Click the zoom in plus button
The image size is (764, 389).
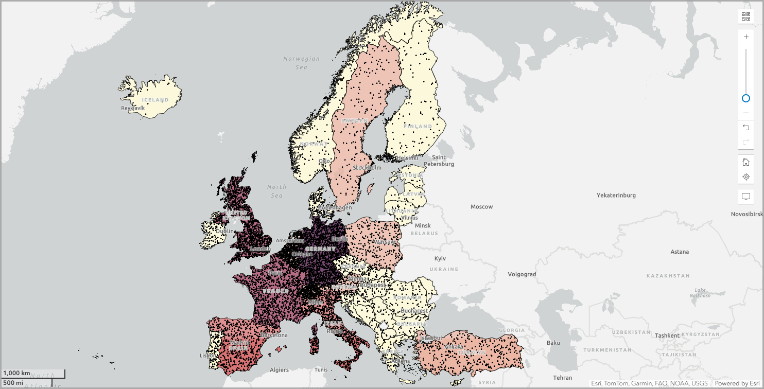point(746,37)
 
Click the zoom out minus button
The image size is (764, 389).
point(746,113)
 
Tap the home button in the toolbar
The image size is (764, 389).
point(746,162)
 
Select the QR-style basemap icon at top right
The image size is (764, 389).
point(746,16)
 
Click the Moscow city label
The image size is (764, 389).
point(481,207)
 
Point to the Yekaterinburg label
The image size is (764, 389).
point(616,196)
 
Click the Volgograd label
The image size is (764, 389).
point(522,274)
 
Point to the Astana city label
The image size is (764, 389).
point(680,252)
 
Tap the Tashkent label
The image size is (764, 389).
point(667,335)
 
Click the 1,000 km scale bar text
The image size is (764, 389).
point(17,373)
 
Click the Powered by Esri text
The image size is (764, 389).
point(737,383)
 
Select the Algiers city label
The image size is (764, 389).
point(280,370)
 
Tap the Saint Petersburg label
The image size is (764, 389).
point(439,161)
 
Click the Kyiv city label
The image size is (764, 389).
point(440,258)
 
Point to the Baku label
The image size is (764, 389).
point(553,343)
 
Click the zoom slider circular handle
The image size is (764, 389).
point(746,98)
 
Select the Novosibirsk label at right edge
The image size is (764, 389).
point(746,214)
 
